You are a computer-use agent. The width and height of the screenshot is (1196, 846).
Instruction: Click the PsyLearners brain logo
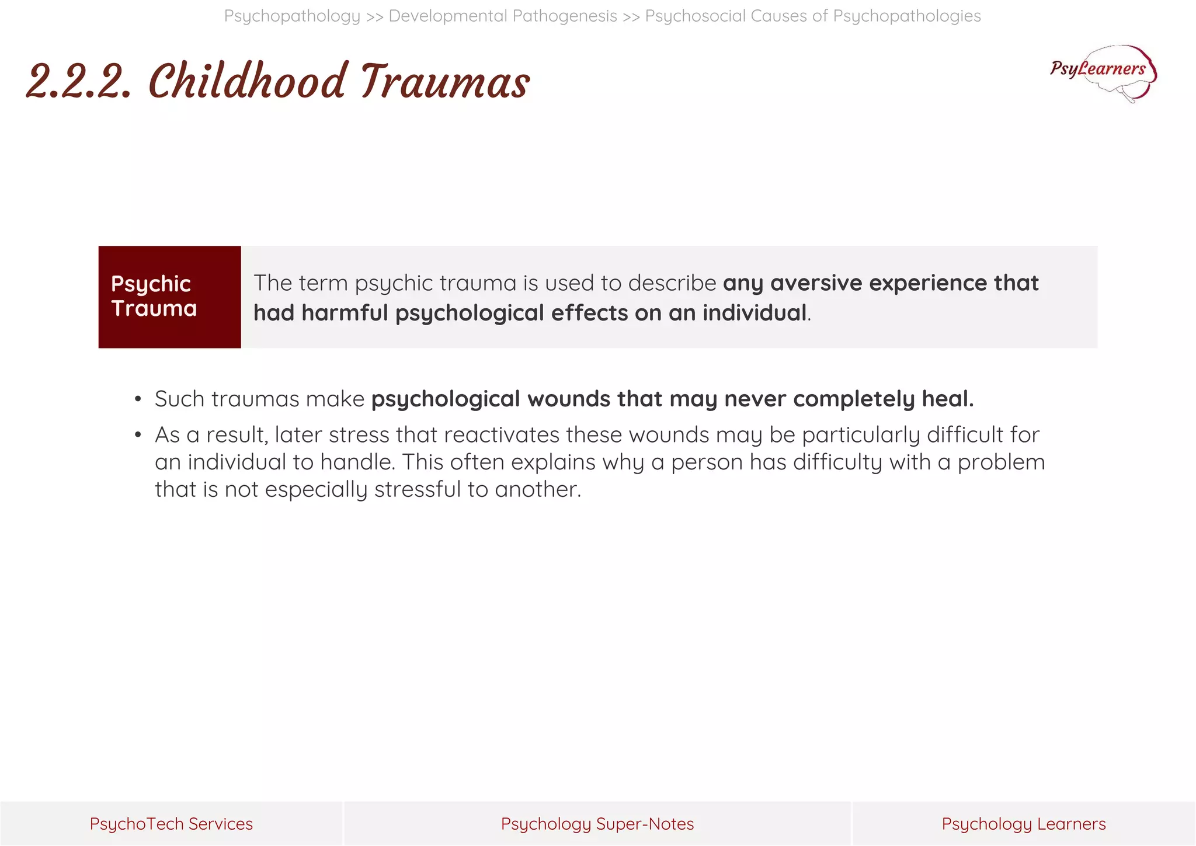pos(1103,72)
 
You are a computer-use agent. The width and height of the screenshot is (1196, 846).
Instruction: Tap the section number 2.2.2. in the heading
pos(79,82)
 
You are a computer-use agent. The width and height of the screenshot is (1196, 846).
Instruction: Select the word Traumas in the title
pos(444,81)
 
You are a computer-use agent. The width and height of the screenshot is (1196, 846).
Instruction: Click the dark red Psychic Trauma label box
pos(169,297)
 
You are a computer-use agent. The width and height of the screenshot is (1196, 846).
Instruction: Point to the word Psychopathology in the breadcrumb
pos(292,16)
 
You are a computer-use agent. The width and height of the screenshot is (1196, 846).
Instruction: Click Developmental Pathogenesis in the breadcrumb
pos(503,16)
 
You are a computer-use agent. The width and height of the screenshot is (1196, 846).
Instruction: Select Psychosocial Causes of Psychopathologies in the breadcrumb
pos(812,16)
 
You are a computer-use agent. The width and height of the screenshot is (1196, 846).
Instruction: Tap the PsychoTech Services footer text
pos(171,824)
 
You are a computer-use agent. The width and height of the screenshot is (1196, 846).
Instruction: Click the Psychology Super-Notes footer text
pos(597,824)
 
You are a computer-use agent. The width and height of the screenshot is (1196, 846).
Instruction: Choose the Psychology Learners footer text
pos(1023,824)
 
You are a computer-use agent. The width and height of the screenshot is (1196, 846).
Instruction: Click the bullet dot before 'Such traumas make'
pos(138,399)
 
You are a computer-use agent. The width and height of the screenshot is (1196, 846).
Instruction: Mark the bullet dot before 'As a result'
pos(138,435)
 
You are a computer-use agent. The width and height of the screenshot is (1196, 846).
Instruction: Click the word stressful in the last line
pos(418,489)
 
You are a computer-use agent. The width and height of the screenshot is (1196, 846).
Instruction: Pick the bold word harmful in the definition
pos(345,313)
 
